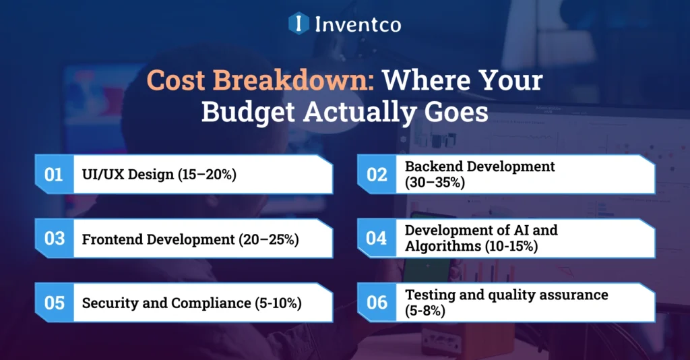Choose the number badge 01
tap(54, 175)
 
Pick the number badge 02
tap(377, 175)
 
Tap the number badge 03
tap(54, 239)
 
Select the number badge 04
tap(377, 239)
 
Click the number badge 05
tap(54, 303)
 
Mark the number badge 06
tap(377, 303)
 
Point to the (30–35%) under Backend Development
tap(435, 182)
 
